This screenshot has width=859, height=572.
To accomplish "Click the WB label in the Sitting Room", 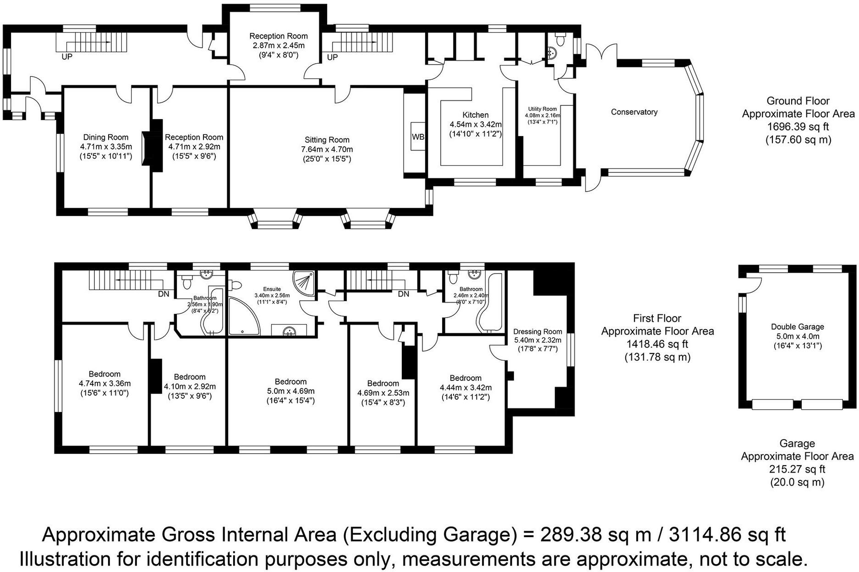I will pyautogui.click(x=417, y=137).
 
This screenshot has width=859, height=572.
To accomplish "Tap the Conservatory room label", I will pyautogui.click(x=634, y=112).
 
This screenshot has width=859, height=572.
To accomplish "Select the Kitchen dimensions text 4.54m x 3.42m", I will pyautogui.click(x=475, y=125).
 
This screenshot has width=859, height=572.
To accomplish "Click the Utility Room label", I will pyautogui.click(x=542, y=109).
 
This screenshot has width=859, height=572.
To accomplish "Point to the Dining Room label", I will pyautogui.click(x=105, y=137).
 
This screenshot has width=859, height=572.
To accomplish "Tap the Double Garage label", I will pyautogui.click(x=797, y=327).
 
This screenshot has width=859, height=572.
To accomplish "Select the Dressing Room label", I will pyautogui.click(x=537, y=331).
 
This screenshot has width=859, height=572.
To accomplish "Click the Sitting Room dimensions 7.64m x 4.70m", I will pyautogui.click(x=327, y=149).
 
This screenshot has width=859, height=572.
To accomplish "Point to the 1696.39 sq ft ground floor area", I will pyautogui.click(x=798, y=126).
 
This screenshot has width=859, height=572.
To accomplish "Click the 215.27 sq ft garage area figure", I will pyautogui.click(x=797, y=469).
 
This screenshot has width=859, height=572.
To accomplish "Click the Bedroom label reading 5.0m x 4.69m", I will pyautogui.click(x=290, y=381).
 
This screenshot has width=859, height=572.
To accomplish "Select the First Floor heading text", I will pyautogui.click(x=657, y=318).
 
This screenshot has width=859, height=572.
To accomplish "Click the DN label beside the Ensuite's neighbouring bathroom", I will pyautogui.click(x=164, y=294).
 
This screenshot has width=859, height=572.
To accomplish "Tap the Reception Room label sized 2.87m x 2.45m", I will pyautogui.click(x=278, y=36).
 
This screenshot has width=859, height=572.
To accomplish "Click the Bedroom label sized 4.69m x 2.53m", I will pyautogui.click(x=383, y=383).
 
